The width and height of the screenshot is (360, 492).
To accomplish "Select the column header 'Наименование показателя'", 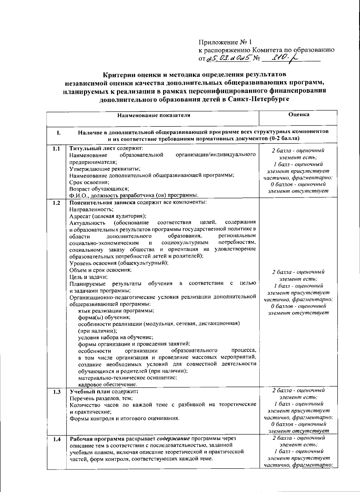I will pos(154,115).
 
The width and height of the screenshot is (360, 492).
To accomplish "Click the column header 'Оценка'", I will pos(298,114).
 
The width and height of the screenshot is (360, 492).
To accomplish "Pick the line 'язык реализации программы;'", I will pos(116,311).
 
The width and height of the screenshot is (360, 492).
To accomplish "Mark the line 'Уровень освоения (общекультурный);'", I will pos(119,263).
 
